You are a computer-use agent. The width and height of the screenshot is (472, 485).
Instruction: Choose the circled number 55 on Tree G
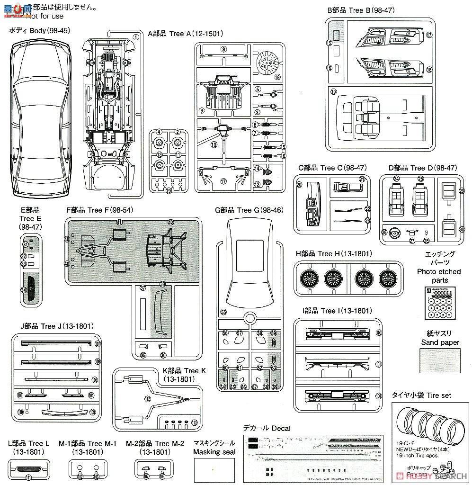click(x=223, y=312)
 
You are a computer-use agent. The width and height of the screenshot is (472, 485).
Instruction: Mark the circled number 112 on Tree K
click(x=148, y=399)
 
